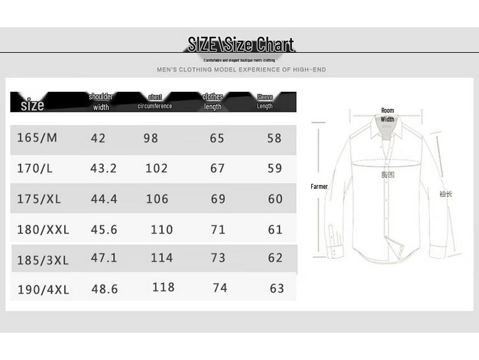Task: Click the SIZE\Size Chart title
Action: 240,44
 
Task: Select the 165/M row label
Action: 37,138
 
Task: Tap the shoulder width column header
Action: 101,102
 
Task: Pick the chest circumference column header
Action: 155,102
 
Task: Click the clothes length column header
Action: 213,102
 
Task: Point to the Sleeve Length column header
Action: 265,102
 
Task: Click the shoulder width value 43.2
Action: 104,168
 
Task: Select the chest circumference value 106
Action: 157,199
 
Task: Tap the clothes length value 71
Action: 218,229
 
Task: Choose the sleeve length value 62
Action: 275,258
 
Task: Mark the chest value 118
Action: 163,287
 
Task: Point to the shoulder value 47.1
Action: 104,258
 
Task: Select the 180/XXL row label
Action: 43,229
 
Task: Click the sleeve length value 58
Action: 274,138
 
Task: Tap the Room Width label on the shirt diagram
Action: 387,115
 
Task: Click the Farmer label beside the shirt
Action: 319,187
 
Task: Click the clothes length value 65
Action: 217,138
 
